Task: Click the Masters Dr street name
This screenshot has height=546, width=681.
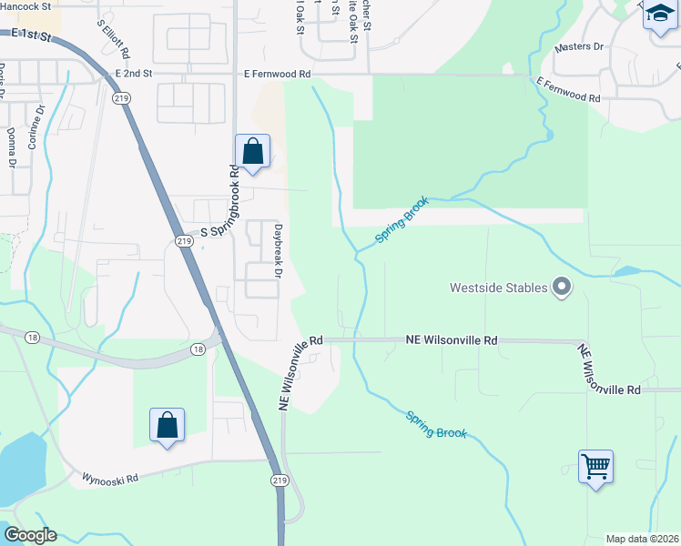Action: tap(579, 46)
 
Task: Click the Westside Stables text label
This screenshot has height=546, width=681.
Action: tap(498, 288)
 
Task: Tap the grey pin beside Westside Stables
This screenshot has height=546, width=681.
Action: tap(562, 288)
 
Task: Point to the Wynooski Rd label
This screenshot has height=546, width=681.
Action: tap(109, 477)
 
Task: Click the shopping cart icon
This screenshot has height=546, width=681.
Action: tap(595, 467)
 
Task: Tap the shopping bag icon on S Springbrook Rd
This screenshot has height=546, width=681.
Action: tap(252, 151)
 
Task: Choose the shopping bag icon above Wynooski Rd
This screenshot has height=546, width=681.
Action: tap(168, 424)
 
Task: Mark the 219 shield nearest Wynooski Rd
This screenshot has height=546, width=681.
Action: tap(279, 480)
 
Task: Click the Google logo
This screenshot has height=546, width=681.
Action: tap(30, 535)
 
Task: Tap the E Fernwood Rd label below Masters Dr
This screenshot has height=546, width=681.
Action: tap(568, 89)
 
